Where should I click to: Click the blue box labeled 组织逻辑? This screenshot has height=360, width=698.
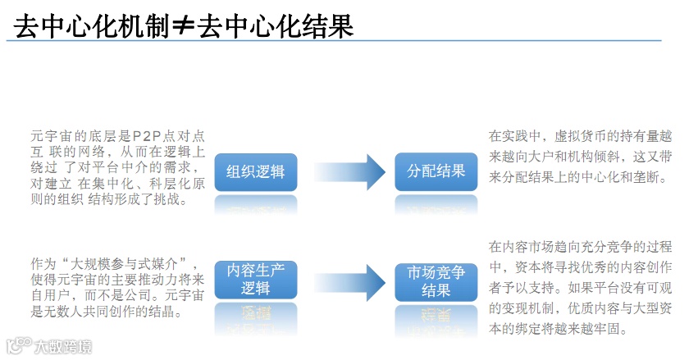click(255, 171)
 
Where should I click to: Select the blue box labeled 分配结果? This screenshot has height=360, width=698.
click(436, 171)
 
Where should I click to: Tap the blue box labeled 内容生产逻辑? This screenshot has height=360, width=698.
click(255, 280)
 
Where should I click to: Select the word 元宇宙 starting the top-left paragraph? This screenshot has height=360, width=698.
click(52, 135)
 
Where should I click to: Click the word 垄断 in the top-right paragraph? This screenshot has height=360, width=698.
click(646, 177)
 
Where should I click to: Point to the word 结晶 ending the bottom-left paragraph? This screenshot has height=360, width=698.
click(162, 312)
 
